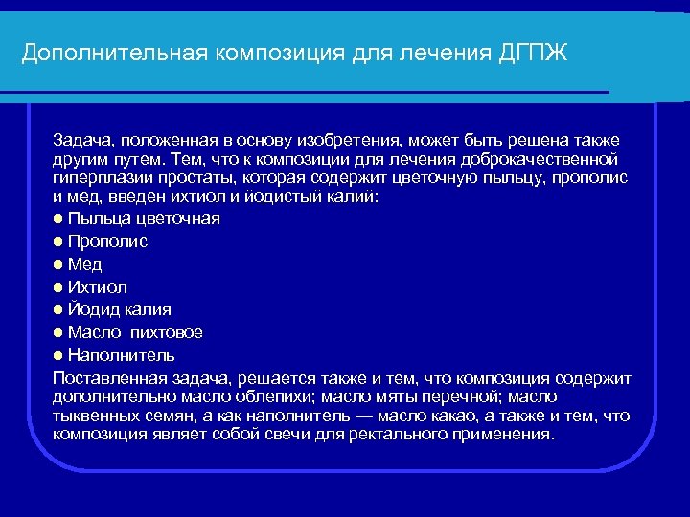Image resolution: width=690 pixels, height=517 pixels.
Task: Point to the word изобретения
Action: (356, 142)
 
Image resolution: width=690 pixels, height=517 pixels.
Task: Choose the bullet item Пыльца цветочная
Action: (144, 218)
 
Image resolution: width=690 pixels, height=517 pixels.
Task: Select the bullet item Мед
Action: (85, 264)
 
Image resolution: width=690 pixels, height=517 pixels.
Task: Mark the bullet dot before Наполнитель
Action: (58, 355)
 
